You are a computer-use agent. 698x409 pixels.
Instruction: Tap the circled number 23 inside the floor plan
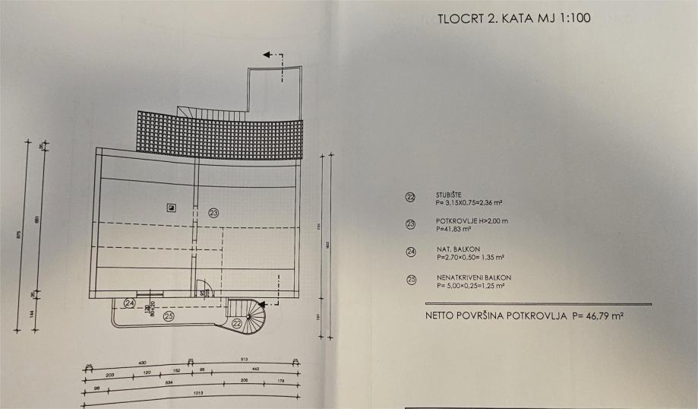[x=213, y=214]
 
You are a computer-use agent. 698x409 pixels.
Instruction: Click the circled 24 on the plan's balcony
[x=129, y=303]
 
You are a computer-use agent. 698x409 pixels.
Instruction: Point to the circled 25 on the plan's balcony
[x=169, y=315]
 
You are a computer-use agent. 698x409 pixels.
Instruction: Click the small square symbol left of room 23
[x=172, y=207]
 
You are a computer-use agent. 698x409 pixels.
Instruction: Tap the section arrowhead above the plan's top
[x=267, y=55]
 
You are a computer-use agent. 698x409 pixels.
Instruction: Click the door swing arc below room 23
[x=202, y=288]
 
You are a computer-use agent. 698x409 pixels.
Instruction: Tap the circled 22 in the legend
[x=411, y=197]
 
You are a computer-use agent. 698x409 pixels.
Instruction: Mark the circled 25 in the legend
[x=411, y=280]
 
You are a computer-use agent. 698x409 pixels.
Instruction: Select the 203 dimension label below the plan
[x=110, y=374]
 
